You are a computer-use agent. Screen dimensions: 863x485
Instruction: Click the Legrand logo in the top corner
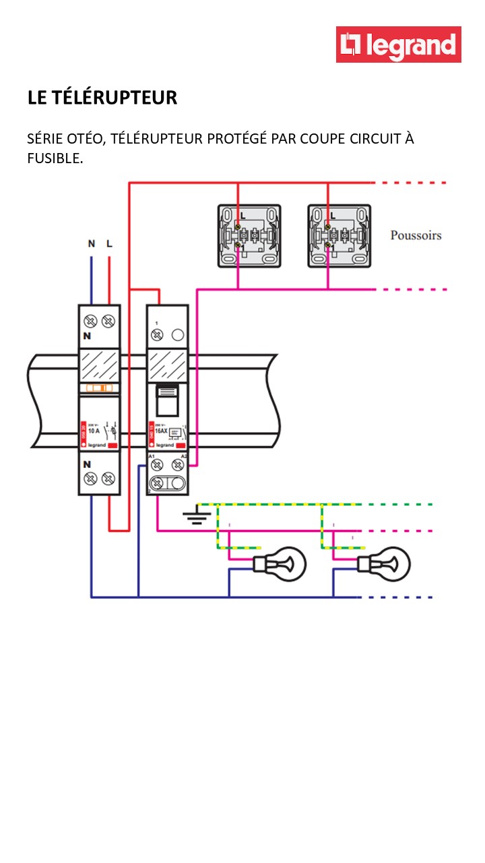[x=399, y=44]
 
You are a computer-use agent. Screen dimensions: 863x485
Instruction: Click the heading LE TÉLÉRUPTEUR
[x=102, y=98]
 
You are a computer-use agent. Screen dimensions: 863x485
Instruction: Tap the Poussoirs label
[x=416, y=235]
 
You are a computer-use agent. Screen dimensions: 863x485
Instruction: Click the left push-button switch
[x=249, y=236]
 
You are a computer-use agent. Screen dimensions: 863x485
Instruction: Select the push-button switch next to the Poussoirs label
[x=339, y=236]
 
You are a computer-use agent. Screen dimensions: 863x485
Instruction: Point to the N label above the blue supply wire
[x=91, y=243]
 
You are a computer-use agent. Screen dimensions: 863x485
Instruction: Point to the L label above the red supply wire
[x=109, y=243]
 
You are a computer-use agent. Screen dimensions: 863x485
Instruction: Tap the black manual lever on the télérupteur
[x=167, y=400]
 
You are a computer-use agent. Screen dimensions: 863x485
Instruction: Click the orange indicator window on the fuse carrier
[x=99, y=388]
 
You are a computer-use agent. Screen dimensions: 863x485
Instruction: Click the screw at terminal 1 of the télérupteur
[x=157, y=334]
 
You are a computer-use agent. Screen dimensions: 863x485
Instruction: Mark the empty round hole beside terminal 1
[x=178, y=334]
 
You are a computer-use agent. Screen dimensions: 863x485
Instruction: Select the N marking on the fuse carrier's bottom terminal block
[x=87, y=464]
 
